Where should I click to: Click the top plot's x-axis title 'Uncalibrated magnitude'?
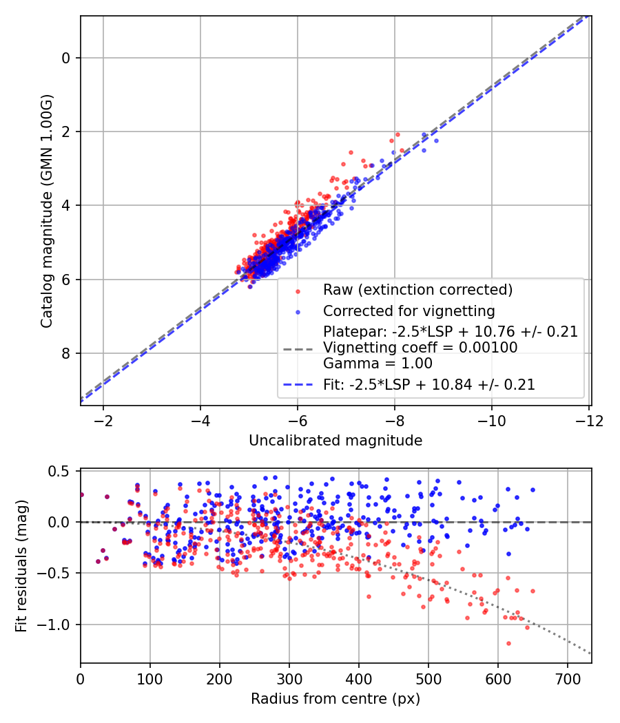pyautogui.click(x=335, y=440)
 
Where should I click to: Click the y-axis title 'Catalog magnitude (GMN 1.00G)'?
pyautogui.click(x=46, y=211)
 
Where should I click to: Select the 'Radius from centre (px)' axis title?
pyautogui.click(x=335, y=699)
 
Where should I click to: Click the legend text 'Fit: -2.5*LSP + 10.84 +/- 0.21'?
pyautogui.click(x=429, y=385)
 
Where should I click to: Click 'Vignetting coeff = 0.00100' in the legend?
pyautogui.click(x=420, y=348)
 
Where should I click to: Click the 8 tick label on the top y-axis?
pyautogui.click(x=66, y=353)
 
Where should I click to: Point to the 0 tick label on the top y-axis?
pyautogui.click(x=66, y=58)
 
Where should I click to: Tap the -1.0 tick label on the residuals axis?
pyautogui.click(x=58, y=625)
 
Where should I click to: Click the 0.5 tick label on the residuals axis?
pyautogui.click(x=61, y=471)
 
